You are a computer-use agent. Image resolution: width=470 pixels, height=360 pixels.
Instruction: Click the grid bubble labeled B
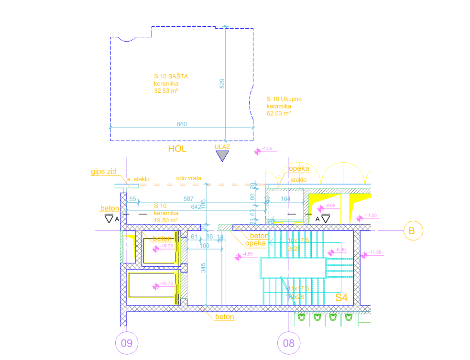pyautogui.click(x=414, y=231)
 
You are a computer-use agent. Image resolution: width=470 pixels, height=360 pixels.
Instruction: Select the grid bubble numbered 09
pyautogui.click(x=126, y=342)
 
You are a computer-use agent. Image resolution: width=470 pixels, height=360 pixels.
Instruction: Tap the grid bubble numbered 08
pyautogui.click(x=289, y=342)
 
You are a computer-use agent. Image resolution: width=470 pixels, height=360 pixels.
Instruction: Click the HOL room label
pyautogui.click(x=177, y=149)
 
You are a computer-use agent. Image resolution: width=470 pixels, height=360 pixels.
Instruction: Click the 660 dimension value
pyautogui.click(x=182, y=124)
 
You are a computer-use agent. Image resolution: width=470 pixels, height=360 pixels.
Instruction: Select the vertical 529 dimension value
pyautogui.click(x=222, y=83)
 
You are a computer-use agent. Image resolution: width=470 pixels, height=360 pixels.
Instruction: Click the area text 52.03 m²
pyautogui.click(x=279, y=114)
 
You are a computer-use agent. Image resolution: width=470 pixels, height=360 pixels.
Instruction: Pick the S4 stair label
pyautogui.click(x=341, y=297)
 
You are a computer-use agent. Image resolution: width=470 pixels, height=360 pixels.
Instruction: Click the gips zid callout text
pyautogui.click(x=104, y=171)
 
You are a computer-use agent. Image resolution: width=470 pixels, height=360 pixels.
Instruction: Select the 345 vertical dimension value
pyautogui.click(x=203, y=268)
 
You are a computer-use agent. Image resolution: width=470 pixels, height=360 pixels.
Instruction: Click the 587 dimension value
pyautogui.click(x=189, y=198)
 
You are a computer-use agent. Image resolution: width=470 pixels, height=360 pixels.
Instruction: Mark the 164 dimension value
pyautogui.click(x=285, y=198)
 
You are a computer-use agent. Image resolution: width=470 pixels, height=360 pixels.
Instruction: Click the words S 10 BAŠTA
pyautogui.click(x=171, y=76)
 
